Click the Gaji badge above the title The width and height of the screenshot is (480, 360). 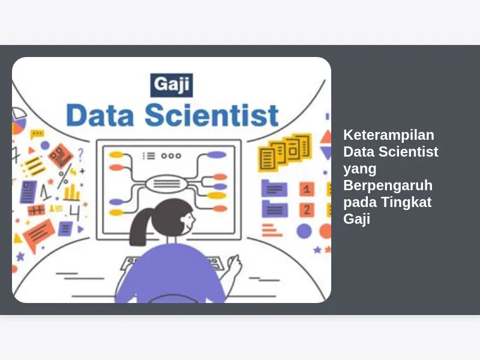[172, 85]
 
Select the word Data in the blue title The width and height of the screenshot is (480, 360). [100, 115]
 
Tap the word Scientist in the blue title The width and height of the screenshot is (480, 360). [212, 115]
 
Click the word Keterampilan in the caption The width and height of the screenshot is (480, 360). [388, 135]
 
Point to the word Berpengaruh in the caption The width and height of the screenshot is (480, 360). [388, 185]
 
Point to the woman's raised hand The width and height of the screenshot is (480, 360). [235, 264]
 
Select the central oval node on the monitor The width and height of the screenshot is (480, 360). [166, 184]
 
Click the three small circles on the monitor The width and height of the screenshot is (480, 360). [171, 156]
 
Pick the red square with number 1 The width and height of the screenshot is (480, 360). [307, 189]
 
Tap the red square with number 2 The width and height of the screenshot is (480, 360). [307, 210]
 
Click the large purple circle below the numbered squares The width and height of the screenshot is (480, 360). [304, 231]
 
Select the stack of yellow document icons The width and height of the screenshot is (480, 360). [284, 152]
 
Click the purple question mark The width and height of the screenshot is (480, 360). [80, 155]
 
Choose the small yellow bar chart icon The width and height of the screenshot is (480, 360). [71, 193]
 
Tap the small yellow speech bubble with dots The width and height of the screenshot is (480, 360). [37, 134]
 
